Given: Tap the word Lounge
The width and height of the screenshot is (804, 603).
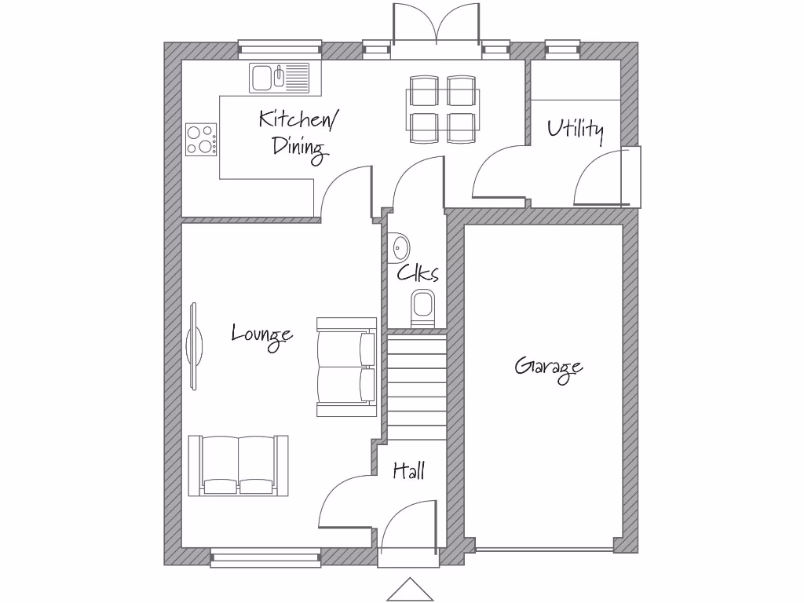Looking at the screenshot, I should (262, 335).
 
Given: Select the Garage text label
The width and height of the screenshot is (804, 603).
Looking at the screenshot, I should (549, 367).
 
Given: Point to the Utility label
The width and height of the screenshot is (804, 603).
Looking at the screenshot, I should (576, 130).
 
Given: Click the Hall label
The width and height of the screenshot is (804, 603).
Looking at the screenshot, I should (409, 471).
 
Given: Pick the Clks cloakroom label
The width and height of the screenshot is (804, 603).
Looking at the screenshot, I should (417, 273).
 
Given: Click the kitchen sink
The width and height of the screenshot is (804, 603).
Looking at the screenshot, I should (280, 78).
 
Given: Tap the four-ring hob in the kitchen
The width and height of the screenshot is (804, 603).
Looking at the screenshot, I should (201, 140).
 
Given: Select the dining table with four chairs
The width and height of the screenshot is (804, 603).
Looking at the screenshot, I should (441, 109).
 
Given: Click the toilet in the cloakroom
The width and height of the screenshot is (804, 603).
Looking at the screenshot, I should (422, 307).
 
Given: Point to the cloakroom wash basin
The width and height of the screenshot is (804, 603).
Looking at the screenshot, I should (400, 248).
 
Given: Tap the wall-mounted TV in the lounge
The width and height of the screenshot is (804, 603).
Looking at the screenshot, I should (194, 345).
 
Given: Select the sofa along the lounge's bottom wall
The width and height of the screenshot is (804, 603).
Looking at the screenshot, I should (238, 465).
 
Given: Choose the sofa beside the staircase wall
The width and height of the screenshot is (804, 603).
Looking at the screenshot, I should (346, 367).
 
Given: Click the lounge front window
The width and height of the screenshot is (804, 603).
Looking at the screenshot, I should (265, 557).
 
